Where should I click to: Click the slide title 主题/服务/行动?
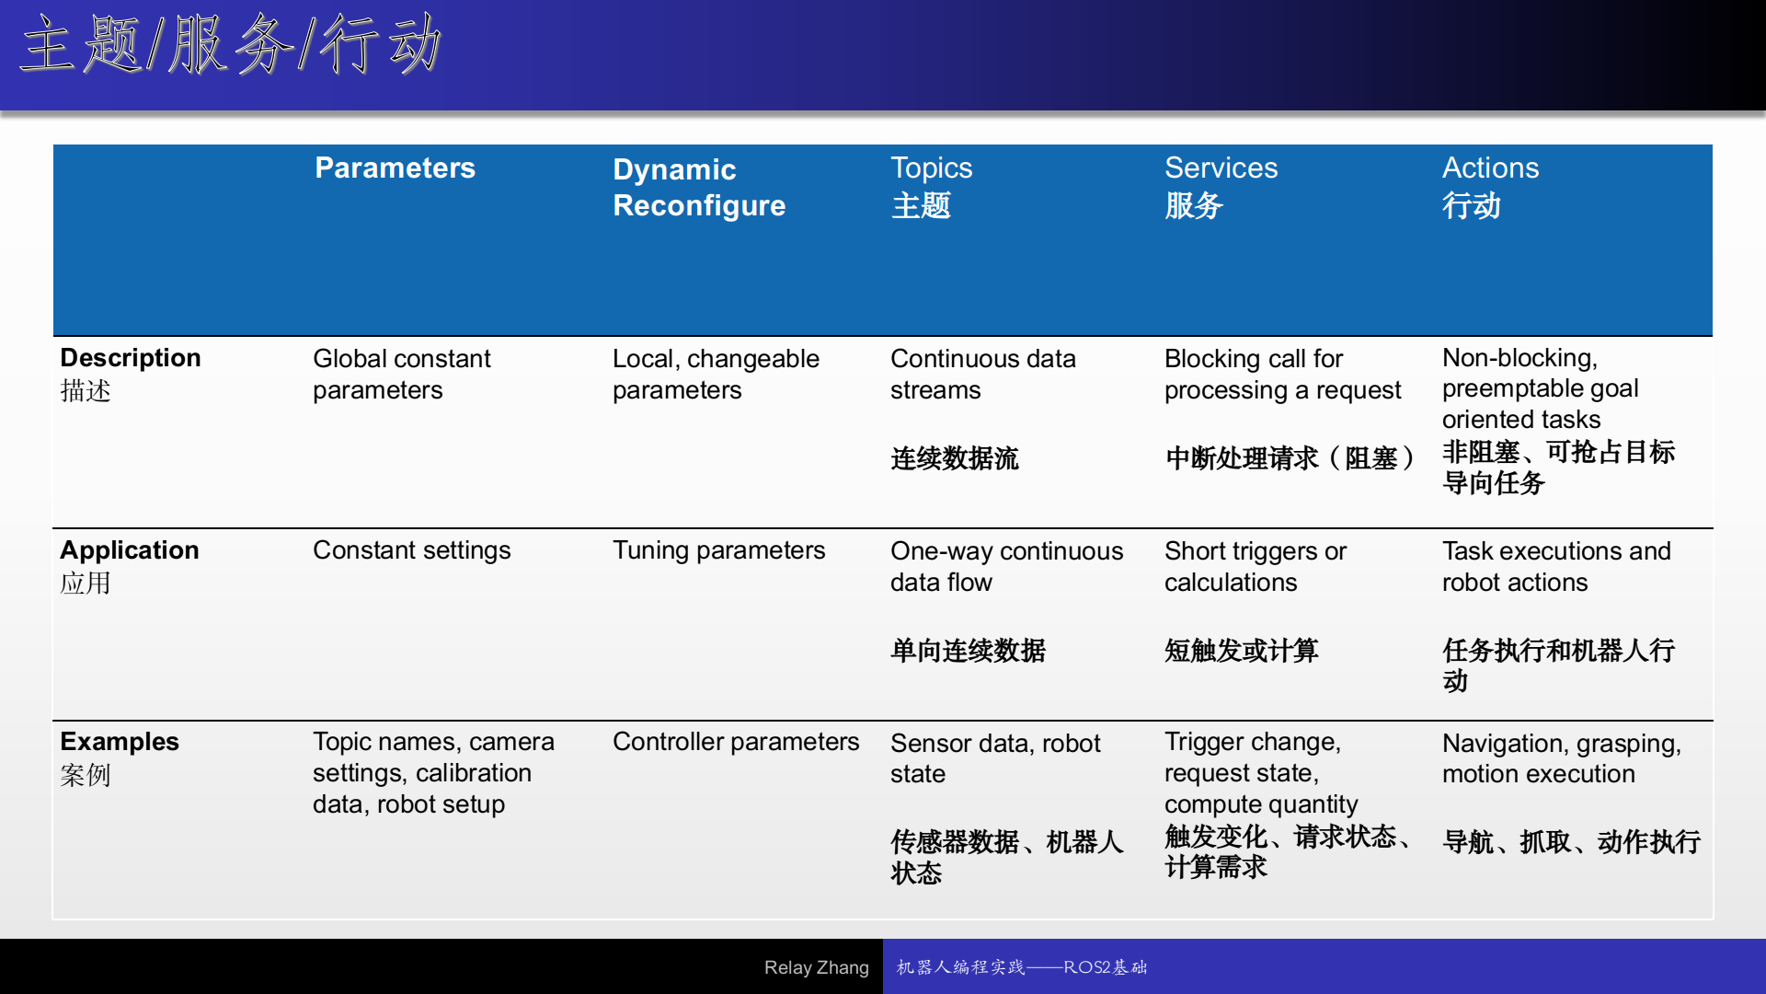pos(231,45)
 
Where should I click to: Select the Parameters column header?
pos(395,168)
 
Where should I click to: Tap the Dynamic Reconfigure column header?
pos(699,187)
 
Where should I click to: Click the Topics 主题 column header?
pos(931,187)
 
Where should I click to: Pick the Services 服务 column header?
pos(1221,187)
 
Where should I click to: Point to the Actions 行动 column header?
pos(1490,187)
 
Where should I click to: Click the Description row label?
pos(131,374)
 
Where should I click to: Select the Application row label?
pos(130,566)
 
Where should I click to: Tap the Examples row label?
pos(120,758)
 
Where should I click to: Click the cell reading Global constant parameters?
pos(402,374)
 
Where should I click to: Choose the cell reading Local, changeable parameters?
pos(716,374)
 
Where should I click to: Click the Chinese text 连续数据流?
pos(955,458)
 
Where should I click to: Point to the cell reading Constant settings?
pos(411,550)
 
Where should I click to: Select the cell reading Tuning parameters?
pos(718,550)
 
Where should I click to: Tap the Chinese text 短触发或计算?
pos(1242,651)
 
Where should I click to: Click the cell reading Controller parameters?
pos(736,742)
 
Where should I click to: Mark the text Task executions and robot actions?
pos(1556,566)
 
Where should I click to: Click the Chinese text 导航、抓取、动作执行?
pos(1571,842)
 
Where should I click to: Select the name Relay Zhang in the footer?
pos(816,967)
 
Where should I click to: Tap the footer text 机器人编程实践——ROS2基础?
pos(1022,967)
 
